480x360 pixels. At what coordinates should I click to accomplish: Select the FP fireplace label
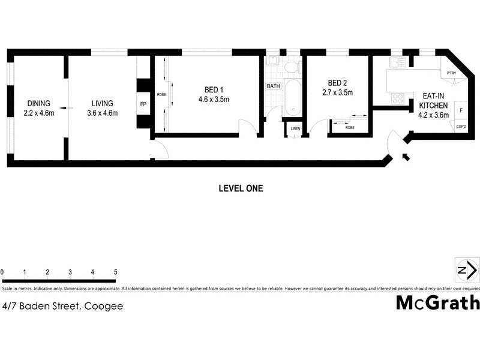[143, 104]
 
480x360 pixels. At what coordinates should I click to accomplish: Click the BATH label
[273, 86]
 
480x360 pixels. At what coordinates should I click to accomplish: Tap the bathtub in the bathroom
[292, 97]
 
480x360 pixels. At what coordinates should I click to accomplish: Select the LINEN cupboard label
[295, 128]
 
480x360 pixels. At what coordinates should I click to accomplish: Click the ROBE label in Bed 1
[161, 95]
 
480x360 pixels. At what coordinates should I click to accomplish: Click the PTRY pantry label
[452, 73]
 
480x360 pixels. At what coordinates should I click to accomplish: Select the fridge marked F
[461, 111]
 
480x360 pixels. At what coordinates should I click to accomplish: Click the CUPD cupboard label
[461, 127]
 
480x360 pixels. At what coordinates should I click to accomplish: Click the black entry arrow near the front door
[406, 157]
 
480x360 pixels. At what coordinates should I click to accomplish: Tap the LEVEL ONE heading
[240, 188]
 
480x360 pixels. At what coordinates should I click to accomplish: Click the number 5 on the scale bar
[115, 272]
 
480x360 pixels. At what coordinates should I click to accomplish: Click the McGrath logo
[437, 302]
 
